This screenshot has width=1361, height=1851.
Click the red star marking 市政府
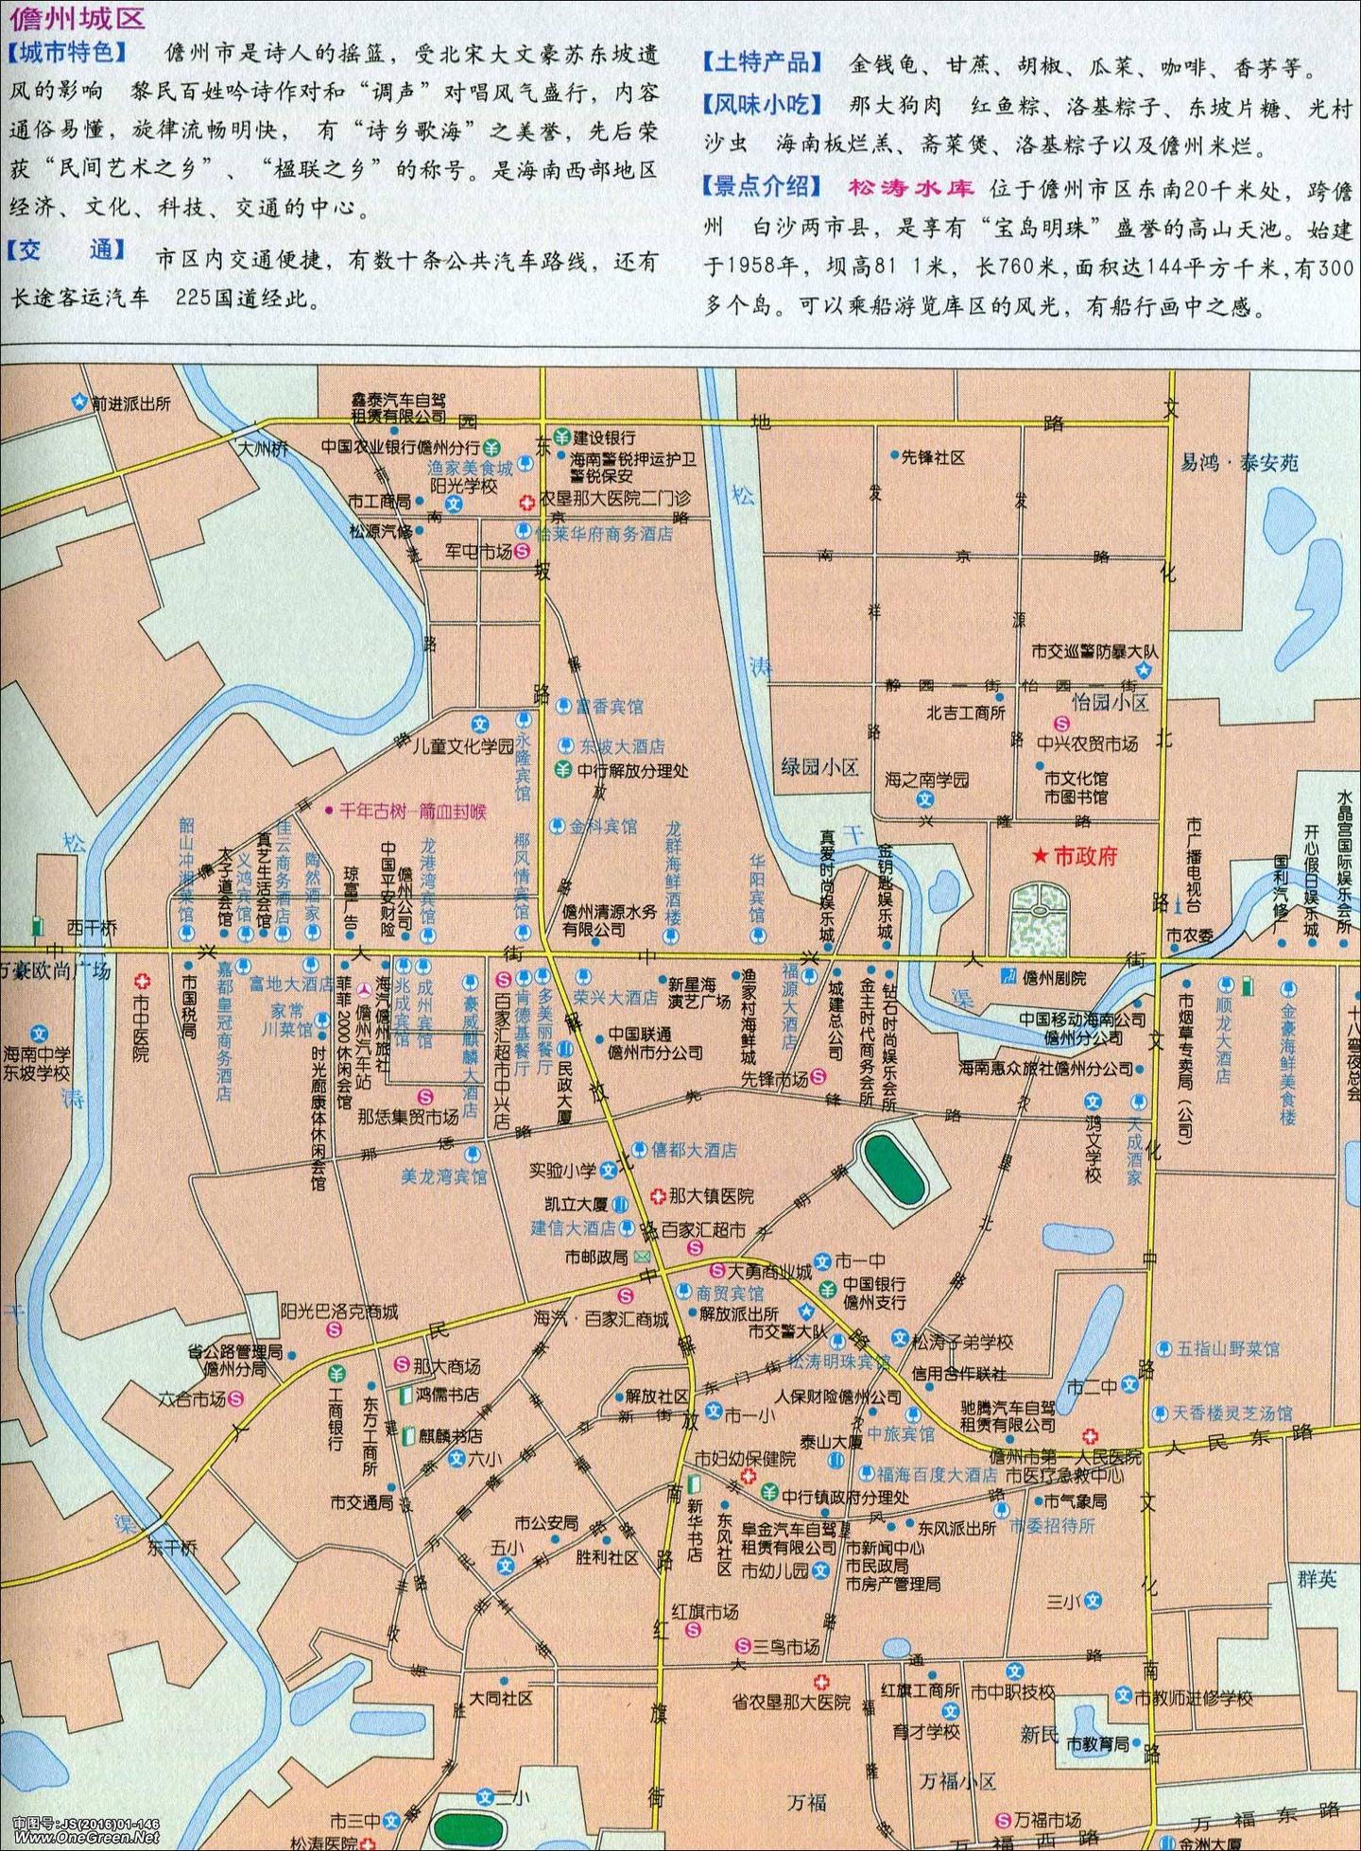click(1039, 856)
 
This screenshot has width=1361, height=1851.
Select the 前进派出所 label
click(130, 403)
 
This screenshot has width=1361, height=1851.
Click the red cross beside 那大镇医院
click(658, 1196)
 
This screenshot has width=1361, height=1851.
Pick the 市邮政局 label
click(596, 1257)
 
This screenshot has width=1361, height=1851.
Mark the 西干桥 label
click(91, 929)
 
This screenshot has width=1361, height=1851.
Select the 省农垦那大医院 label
click(791, 1702)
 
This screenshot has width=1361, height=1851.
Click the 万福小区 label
click(957, 1755)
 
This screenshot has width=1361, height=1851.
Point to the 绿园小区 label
click(819, 766)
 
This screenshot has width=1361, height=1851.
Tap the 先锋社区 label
click(933, 457)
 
